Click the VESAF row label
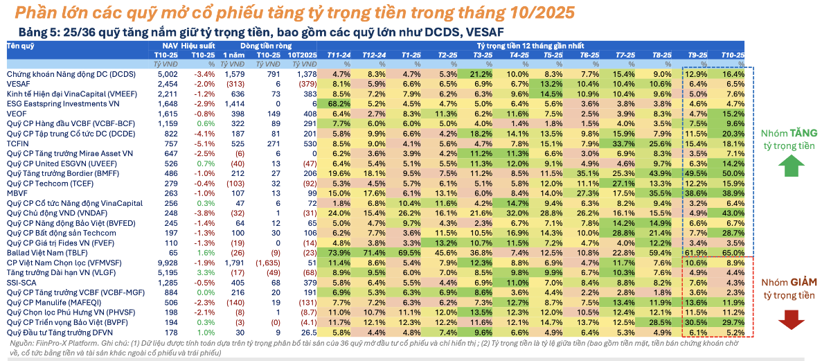[x=19, y=82]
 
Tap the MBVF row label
[x=18, y=194]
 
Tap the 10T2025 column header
[x=302, y=54]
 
